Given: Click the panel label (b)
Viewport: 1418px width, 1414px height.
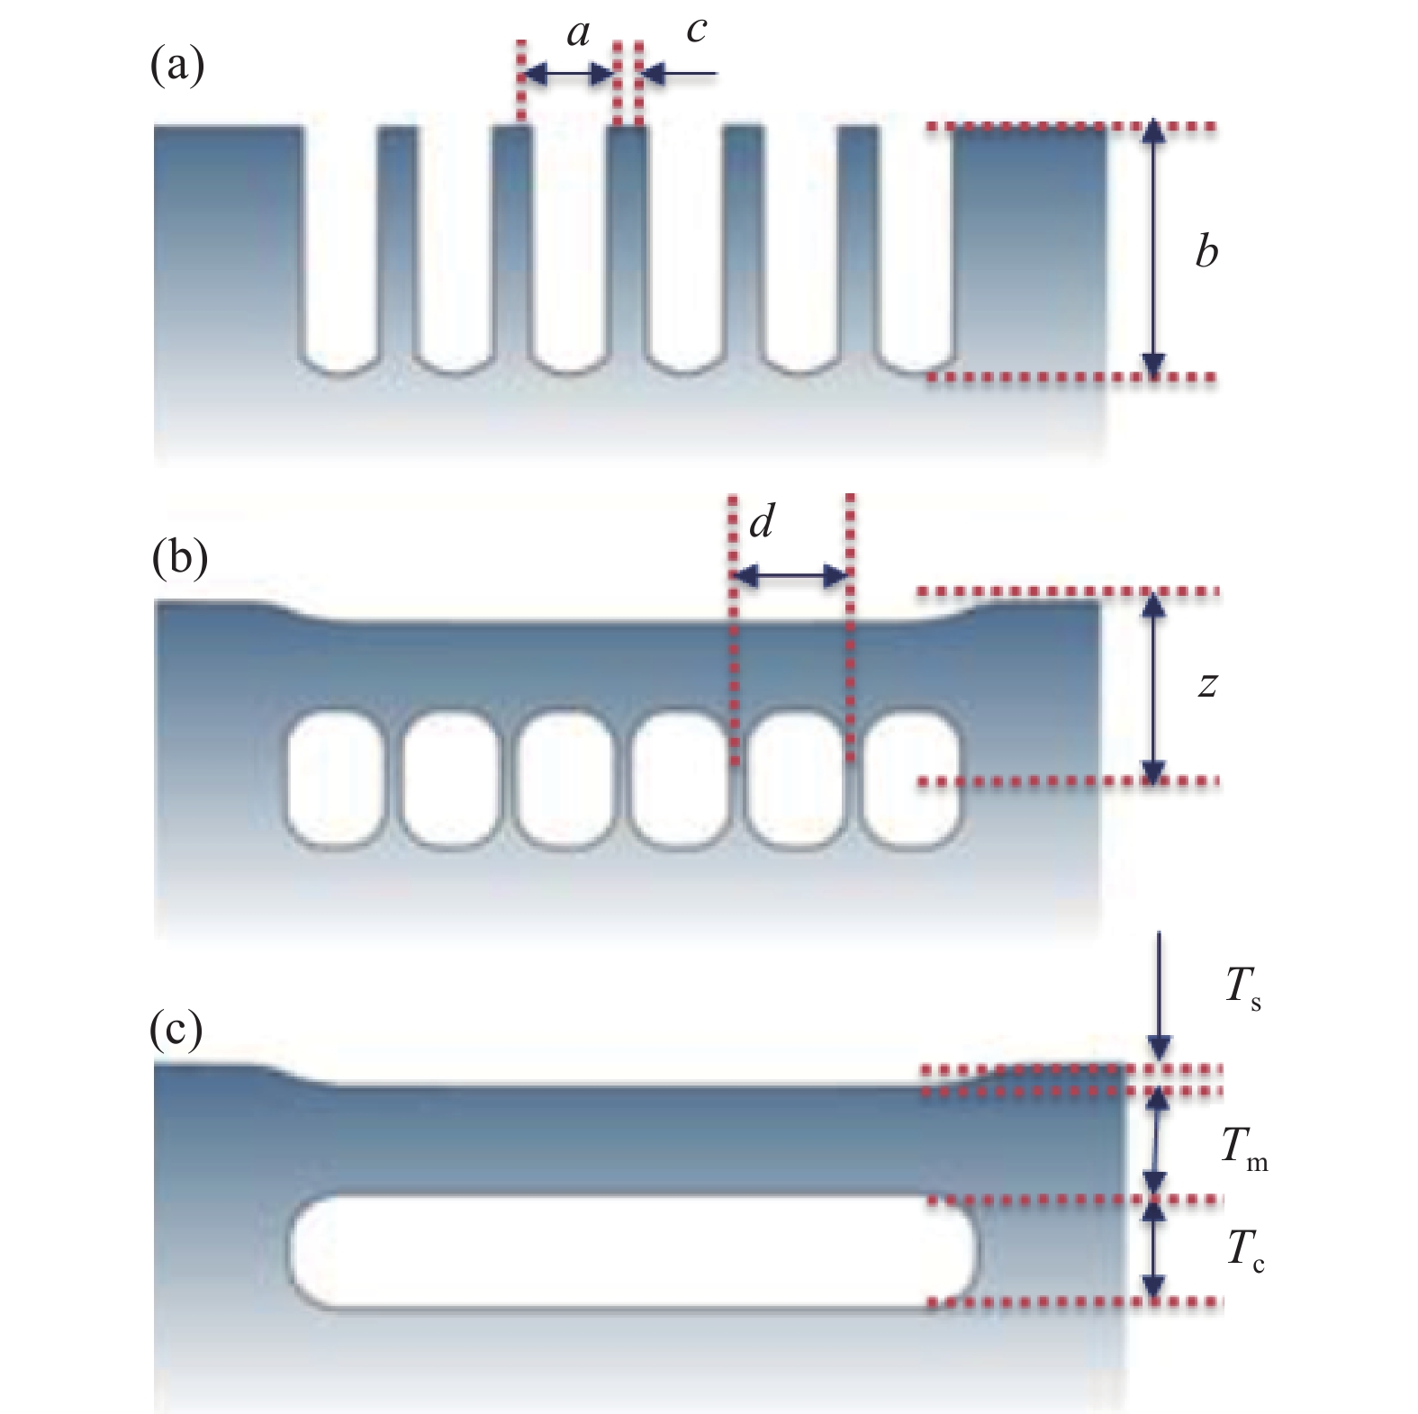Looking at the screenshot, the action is (179, 559).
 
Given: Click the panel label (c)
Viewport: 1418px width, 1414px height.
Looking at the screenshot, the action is (176, 1030).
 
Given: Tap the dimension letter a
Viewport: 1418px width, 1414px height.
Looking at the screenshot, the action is (578, 34).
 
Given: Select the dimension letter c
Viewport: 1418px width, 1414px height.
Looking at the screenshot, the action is (696, 32).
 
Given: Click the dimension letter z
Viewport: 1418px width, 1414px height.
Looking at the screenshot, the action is (1207, 686).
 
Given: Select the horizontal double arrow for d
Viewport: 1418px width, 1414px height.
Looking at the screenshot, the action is (790, 577).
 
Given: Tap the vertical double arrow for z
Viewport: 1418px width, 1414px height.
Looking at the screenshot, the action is (1153, 687).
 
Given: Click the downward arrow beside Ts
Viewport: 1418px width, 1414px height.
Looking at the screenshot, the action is (1160, 996).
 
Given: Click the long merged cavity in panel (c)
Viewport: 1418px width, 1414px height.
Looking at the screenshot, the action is (633, 1251).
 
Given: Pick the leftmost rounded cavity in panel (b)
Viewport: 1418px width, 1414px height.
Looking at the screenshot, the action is (334, 779).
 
